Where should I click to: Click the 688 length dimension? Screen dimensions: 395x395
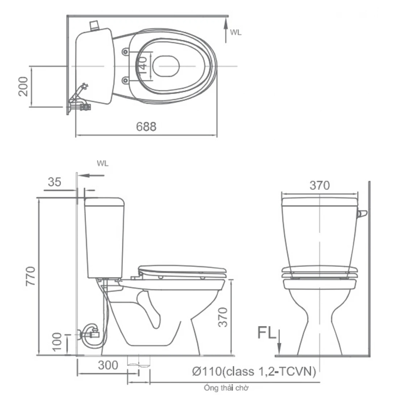pyautogui.click(x=146, y=127)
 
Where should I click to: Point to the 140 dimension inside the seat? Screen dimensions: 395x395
pyautogui.click(x=143, y=66)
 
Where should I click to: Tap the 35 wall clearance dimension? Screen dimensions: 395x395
pyautogui.click(x=54, y=182)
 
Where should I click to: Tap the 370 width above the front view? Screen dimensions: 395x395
pyautogui.click(x=319, y=185)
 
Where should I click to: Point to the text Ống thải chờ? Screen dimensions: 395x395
pyautogui.click(x=226, y=388)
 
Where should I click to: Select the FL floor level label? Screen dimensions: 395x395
pyautogui.click(x=267, y=334)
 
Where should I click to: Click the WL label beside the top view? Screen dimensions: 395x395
pyautogui.click(x=235, y=32)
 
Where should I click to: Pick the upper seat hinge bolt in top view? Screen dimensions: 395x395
pyautogui.click(x=125, y=52)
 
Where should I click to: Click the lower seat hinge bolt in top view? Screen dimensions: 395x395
pyautogui.click(x=125, y=81)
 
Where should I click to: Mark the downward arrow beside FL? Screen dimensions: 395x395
pyautogui.click(x=280, y=342)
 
